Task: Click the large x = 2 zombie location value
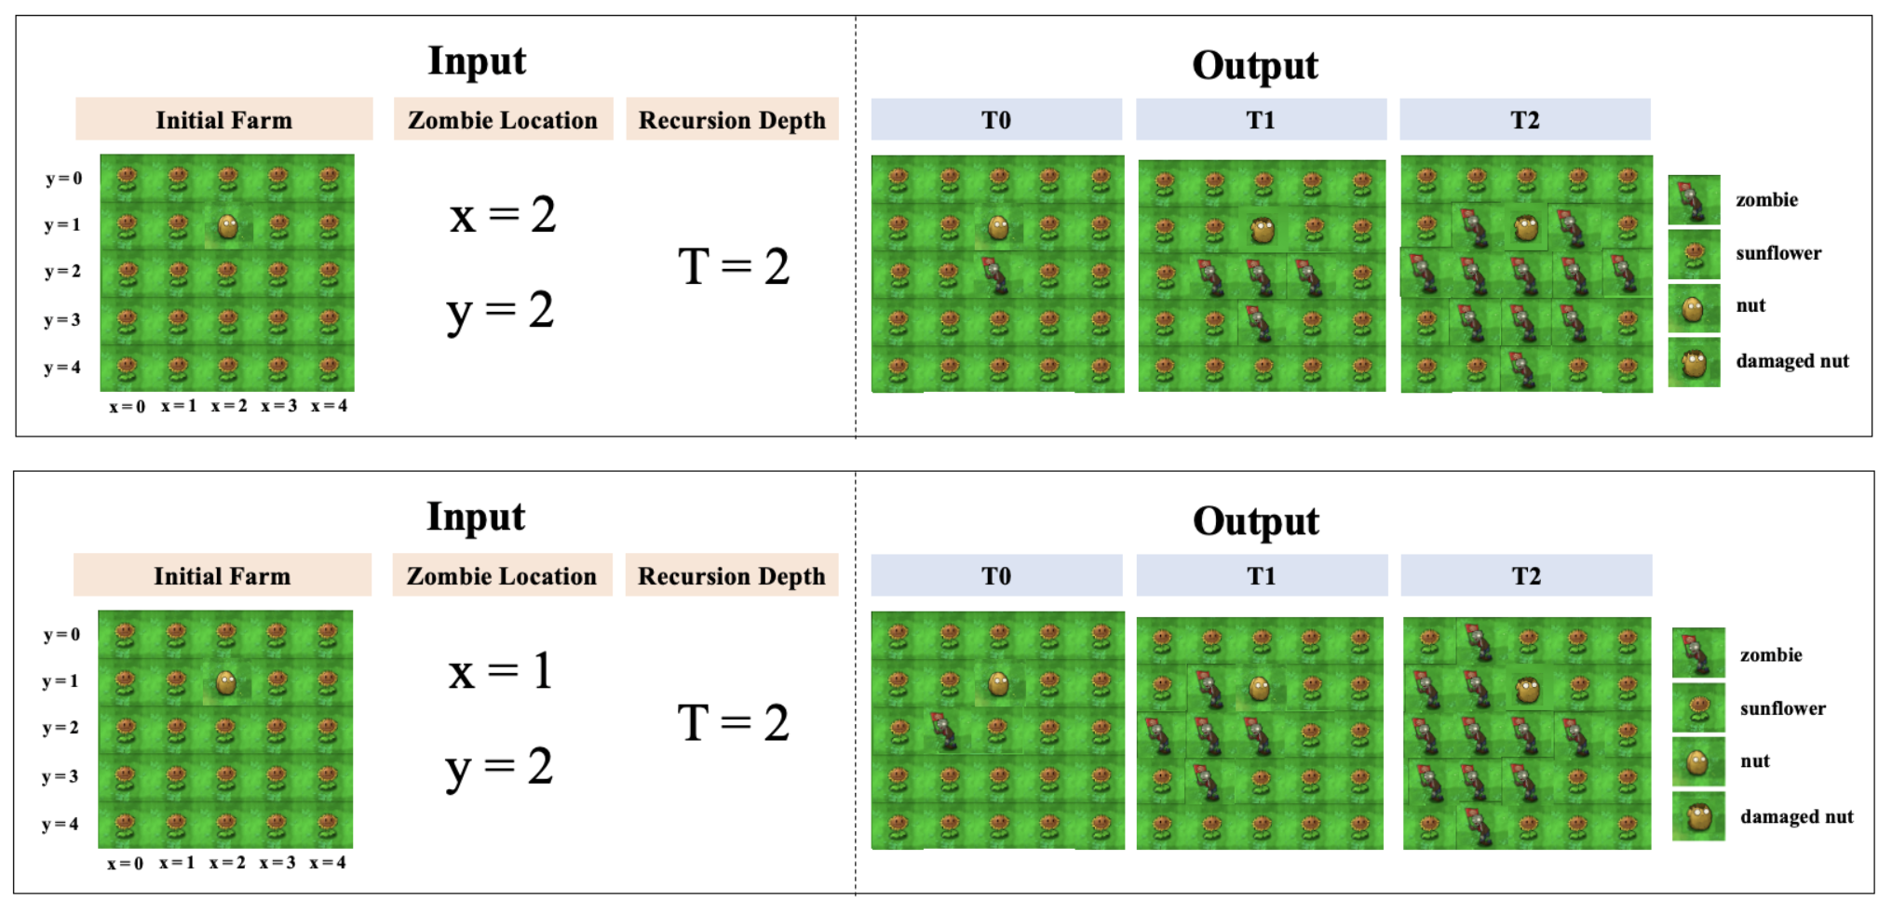coord(503,215)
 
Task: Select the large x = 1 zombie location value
coord(501,671)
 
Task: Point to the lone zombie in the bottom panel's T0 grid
coord(945,731)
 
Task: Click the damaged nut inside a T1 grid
coord(1262,230)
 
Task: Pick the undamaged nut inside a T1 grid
coord(1259,689)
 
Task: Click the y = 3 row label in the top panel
coord(62,320)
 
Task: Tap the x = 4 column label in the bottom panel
coord(328,863)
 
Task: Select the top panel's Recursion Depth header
coord(732,120)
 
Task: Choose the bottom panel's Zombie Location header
coord(502,576)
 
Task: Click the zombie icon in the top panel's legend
coord(1694,200)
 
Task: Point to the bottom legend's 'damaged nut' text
coord(1796,816)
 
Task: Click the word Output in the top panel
coord(1254,65)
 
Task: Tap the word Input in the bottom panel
coord(476,517)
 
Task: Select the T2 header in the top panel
coord(1524,120)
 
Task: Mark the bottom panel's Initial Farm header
coord(223,576)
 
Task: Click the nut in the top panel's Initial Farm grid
coord(227,225)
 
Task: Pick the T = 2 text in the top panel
coord(734,267)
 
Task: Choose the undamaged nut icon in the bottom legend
coord(1697,762)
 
